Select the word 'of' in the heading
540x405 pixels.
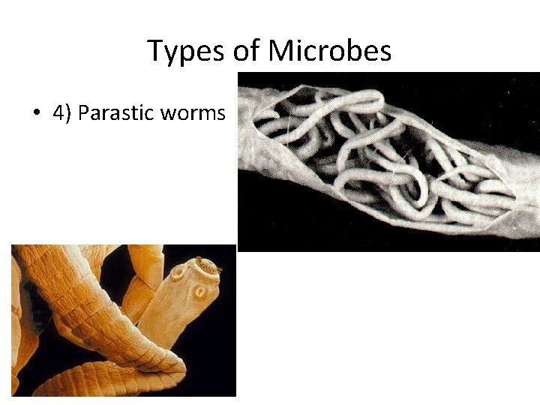[x=244, y=51]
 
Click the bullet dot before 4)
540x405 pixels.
[x=36, y=114]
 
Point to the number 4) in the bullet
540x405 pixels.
[x=61, y=114]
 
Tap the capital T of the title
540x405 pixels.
[x=155, y=51]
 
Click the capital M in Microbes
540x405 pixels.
[x=282, y=51]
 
